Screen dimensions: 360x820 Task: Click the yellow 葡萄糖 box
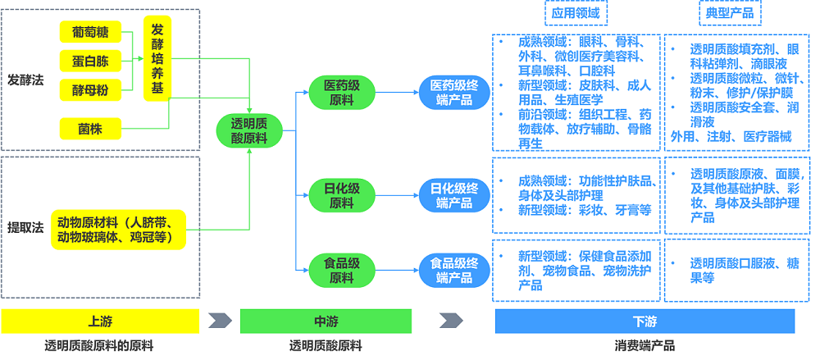(x=90, y=34)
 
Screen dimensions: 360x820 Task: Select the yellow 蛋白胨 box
(x=90, y=61)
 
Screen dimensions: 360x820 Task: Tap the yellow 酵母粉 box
(x=90, y=88)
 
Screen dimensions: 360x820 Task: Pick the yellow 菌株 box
(x=90, y=128)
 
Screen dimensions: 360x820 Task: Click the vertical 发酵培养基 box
(x=157, y=57)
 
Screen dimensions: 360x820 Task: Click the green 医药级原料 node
(x=337, y=92)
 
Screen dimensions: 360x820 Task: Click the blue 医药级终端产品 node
(x=454, y=92)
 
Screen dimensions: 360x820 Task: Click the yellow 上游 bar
(x=99, y=321)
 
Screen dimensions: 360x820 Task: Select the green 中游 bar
(x=326, y=321)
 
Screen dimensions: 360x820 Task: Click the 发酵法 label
(x=25, y=81)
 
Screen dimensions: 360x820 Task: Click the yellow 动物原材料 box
(x=120, y=229)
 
